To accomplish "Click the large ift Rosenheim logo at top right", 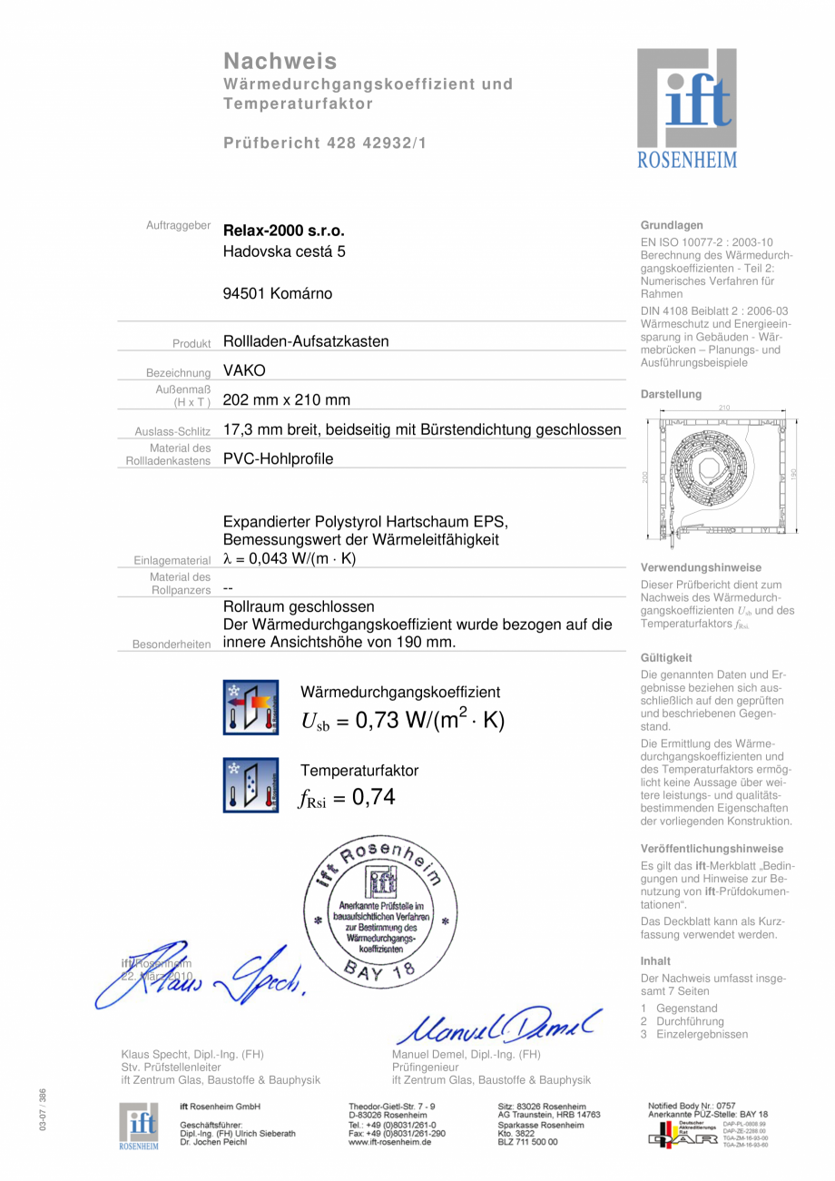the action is pyautogui.click(x=686, y=108).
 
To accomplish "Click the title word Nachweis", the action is pyautogui.click(x=280, y=61).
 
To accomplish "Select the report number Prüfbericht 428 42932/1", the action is pyautogui.click(x=325, y=143).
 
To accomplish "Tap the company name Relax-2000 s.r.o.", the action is pyautogui.click(x=284, y=231).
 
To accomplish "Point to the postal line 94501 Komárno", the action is pyautogui.click(x=278, y=293).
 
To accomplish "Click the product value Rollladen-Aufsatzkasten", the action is pyautogui.click(x=306, y=341).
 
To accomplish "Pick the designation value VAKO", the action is pyautogui.click(x=244, y=370).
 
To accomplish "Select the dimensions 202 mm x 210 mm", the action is pyautogui.click(x=287, y=399).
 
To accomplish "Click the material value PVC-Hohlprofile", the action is pyautogui.click(x=278, y=458).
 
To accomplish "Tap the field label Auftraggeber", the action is pyautogui.click(x=178, y=225).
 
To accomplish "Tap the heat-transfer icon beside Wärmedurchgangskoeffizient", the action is pyautogui.click(x=251, y=707).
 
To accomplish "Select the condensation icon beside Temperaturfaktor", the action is pyautogui.click(x=251, y=784).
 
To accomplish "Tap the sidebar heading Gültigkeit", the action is pyautogui.click(x=666, y=657).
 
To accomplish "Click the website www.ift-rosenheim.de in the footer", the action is pyautogui.click(x=389, y=1142).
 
